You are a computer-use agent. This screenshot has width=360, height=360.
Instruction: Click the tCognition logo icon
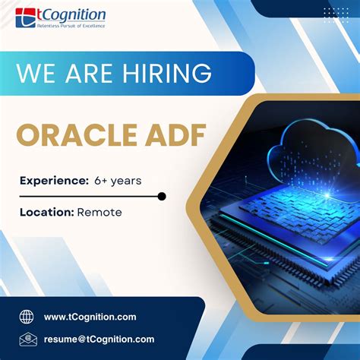tap(24, 16)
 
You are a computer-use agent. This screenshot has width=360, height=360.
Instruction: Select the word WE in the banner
tap(36, 74)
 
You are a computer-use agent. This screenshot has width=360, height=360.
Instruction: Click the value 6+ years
tap(118, 180)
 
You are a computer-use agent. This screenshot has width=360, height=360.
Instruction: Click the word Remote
tap(99, 213)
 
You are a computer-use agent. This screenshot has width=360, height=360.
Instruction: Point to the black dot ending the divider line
tap(161, 197)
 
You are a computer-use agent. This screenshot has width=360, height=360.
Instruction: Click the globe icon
tap(27, 317)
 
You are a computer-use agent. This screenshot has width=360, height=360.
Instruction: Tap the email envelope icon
tap(27, 339)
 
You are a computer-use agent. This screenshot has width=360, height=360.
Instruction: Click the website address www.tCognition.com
tap(90, 317)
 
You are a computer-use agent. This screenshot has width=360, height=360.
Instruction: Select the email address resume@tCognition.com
tap(99, 339)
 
